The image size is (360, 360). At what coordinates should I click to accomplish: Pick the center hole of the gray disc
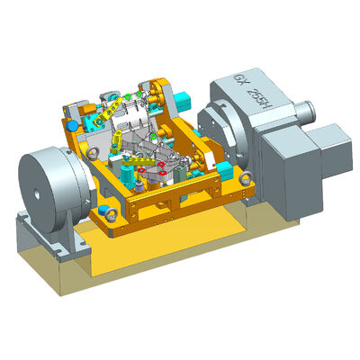(34, 190)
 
